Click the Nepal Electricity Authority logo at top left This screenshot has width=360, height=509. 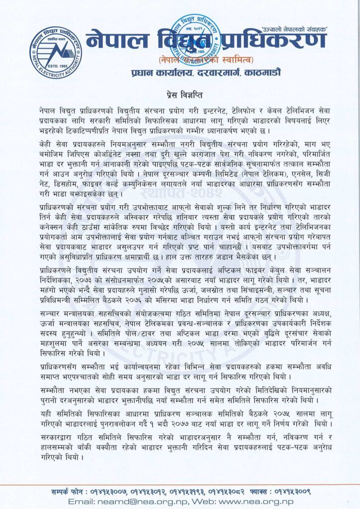pyautogui.click(x=55, y=52)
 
